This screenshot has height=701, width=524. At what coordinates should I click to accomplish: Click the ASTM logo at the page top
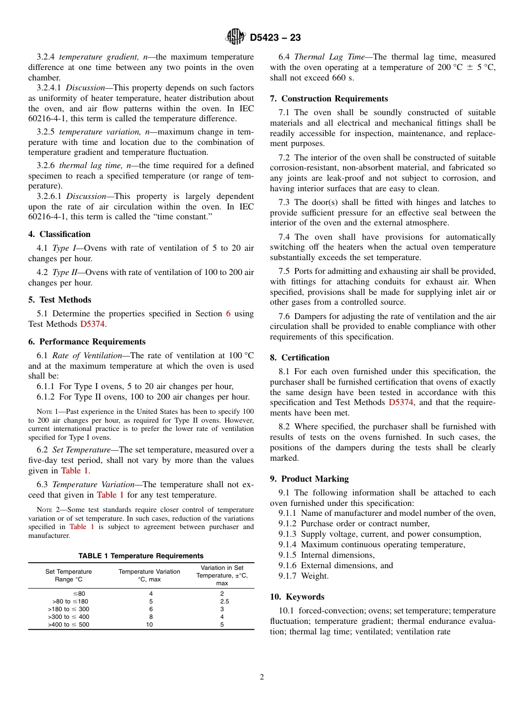[x=236, y=37]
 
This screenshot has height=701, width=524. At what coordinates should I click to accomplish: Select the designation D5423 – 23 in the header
[x=275, y=38]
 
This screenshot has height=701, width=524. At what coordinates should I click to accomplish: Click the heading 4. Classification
[x=60, y=234]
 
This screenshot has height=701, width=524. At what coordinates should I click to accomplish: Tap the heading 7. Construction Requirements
[x=329, y=99]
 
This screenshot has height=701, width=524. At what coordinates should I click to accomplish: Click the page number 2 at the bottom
[x=262, y=677]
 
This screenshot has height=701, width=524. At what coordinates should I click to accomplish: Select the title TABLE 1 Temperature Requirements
[x=141, y=556]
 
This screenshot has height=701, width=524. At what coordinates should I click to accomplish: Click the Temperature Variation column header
[x=149, y=575]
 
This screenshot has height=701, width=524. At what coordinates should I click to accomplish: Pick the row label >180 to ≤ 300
[x=68, y=609]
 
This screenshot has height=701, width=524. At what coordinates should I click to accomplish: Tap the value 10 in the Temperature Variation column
[x=149, y=624]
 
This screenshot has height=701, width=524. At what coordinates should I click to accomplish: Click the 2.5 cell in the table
[x=222, y=601]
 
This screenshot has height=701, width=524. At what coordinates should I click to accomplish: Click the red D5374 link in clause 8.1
[x=400, y=402]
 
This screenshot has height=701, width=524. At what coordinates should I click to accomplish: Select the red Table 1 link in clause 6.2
[x=74, y=471]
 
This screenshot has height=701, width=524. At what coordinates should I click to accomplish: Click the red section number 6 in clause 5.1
[x=228, y=314]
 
